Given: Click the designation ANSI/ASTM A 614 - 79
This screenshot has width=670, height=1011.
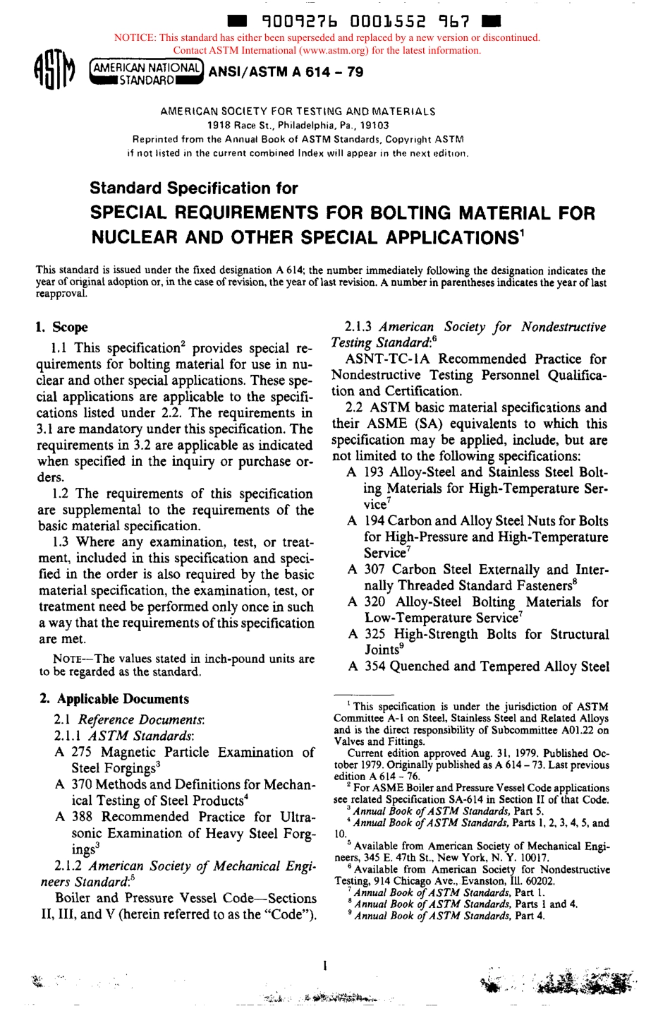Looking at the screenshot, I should tap(286, 73).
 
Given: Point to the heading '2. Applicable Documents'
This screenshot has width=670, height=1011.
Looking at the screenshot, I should tap(114, 699).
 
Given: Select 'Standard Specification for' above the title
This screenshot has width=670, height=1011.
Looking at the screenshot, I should tap(193, 189).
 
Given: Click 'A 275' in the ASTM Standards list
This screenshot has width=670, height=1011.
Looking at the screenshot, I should tap(73, 753).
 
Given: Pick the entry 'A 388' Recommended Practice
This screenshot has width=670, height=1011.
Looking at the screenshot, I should tap(73, 817).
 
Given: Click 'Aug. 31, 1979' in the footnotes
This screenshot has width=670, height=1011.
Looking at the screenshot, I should tap(465, 753).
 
